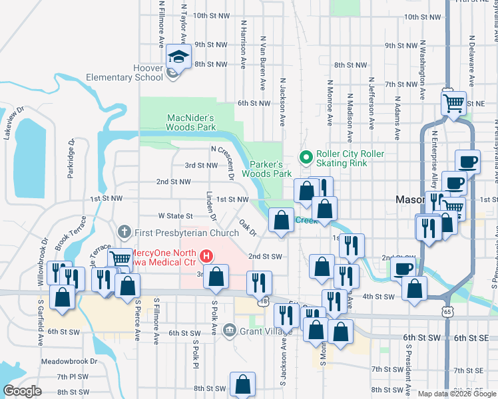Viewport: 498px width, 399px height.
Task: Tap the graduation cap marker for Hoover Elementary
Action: [178, 57]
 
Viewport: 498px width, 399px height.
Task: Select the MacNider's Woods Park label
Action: [191, 122]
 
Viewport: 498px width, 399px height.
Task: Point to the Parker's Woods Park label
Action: [270, 169]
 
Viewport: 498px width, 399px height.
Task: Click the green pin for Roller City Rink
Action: [306, 158]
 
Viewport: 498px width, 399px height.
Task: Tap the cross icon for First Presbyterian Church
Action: [123, 232]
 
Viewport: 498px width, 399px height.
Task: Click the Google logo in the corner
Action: [22, 391]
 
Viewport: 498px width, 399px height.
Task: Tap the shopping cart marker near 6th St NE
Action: [453, 103]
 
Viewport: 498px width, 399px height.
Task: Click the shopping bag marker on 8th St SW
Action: [242, 384]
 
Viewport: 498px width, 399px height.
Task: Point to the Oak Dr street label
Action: [248, 228]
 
